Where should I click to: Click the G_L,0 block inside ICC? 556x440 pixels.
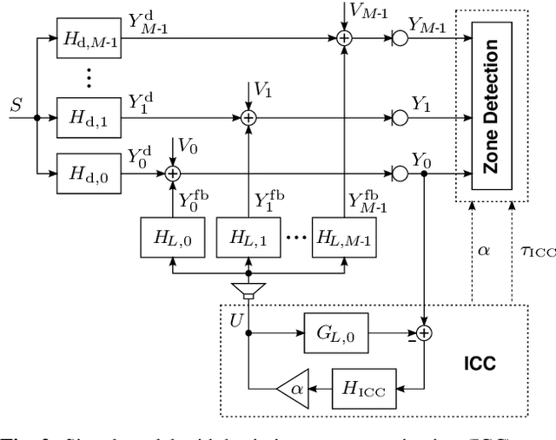[329, 332]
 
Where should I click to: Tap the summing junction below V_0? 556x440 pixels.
[171, 174]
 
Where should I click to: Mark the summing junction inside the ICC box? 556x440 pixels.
[425, 332]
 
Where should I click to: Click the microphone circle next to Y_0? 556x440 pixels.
[400, 174]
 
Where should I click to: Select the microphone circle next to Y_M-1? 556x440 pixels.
[400, 37]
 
